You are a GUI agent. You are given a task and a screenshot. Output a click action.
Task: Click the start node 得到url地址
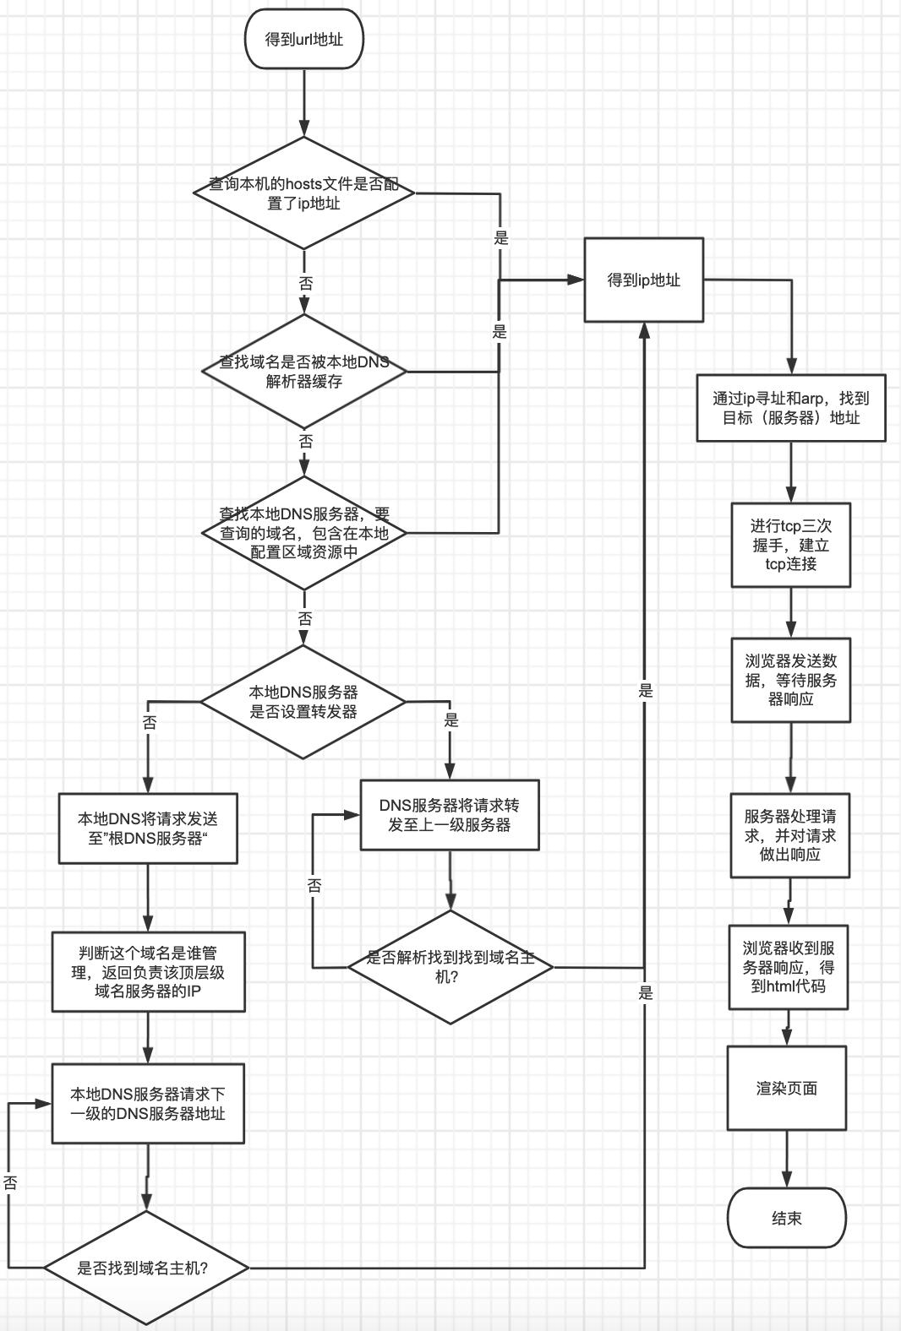[303, 39]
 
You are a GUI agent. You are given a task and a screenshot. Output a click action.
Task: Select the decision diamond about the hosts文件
[303, 193]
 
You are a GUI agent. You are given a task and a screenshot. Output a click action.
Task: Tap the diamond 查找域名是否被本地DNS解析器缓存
[303, 371]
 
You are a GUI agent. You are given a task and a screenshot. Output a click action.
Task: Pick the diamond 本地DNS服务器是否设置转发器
[303, 702]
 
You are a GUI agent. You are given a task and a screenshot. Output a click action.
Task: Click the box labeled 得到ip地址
[643, 280]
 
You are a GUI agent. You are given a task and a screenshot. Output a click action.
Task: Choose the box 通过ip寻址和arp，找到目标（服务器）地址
[790, 408]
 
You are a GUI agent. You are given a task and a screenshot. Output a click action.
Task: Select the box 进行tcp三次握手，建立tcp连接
[790, 545]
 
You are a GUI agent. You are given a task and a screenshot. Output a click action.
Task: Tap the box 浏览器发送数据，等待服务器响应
[790, 680]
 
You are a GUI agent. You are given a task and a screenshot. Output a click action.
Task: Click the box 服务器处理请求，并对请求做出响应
[789, 835]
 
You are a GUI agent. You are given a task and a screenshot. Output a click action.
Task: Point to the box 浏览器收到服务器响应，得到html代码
[788, 967]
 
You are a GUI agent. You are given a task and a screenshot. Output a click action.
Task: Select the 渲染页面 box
[786, 1089]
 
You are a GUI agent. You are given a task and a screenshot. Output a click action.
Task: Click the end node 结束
[786, 1218]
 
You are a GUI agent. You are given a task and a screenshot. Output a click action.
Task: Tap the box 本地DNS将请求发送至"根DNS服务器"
[148, 828]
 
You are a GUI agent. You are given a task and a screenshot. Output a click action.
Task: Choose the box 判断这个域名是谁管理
[148, 972]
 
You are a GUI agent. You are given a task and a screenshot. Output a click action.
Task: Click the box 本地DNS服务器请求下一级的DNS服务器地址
[148, 1104]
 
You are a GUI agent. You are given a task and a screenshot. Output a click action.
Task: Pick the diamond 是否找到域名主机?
[146, 1268]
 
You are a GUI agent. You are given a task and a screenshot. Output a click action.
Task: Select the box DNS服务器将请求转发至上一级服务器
[450, 815]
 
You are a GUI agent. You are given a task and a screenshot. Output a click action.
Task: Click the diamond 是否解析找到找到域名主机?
[450, 967]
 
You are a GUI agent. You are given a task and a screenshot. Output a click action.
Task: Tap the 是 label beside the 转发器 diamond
[451, 720]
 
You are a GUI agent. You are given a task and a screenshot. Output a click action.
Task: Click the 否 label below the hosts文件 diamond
[305, 284]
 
